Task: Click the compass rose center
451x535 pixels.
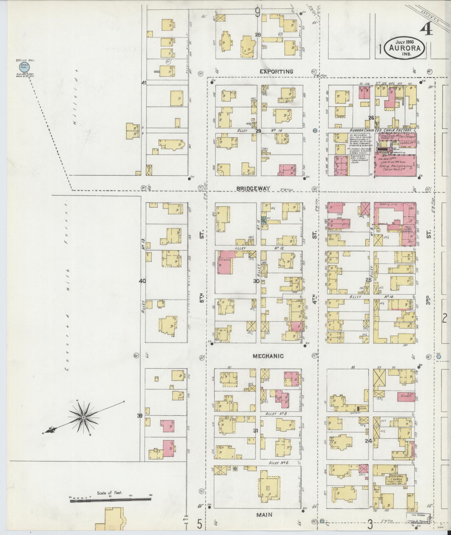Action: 83,418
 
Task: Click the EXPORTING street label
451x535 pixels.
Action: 276,72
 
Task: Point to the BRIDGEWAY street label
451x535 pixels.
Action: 253,189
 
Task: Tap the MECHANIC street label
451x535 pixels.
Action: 268,356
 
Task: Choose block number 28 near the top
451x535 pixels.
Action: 258,35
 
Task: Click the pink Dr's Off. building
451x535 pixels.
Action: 405,397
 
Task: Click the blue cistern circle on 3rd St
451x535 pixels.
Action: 438,357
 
